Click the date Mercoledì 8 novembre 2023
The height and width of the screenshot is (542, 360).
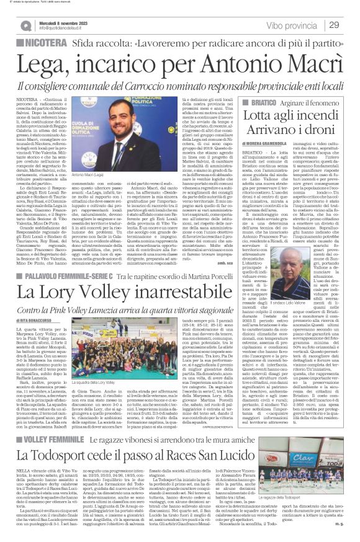click(x=61, y=22)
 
